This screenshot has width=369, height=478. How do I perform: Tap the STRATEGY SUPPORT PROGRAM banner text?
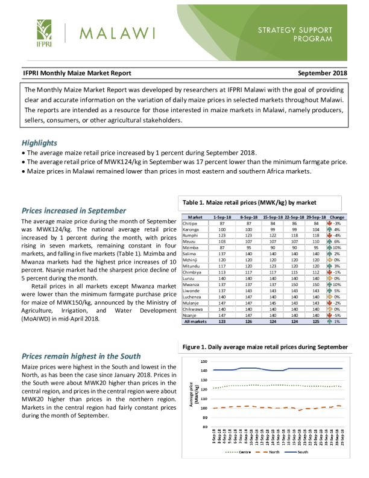[x=295, y=34]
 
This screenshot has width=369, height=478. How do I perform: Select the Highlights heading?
[x=40, y=143]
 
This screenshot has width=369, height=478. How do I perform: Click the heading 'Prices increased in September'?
[x=74, y=211]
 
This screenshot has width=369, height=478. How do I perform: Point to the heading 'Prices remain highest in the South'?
[x=81, y=356]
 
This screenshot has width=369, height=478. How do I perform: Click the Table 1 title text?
[x=248, y=202]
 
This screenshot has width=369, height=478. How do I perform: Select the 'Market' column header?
[x=195, y=217]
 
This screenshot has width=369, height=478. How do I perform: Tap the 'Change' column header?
[x=337, y=217]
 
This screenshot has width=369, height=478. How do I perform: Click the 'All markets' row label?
[x=195, y=322]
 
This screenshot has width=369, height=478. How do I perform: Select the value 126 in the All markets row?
[x=248, y=322]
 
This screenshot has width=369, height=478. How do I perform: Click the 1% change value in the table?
[x=337, y=322]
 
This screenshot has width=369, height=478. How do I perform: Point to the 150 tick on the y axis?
[x=203, y=361]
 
